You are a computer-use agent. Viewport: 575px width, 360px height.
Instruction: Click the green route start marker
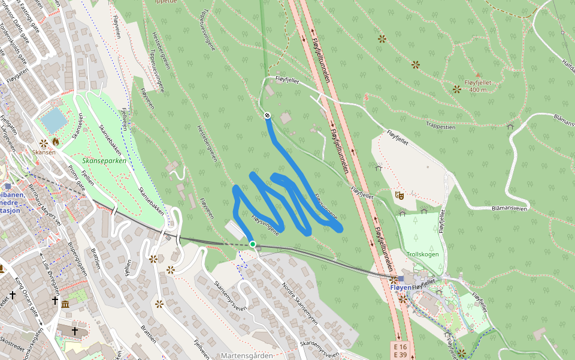click(253, 244)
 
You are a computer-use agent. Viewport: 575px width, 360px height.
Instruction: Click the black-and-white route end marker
click(267, 115)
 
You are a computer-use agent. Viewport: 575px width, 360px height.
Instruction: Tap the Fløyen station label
click(401, 288)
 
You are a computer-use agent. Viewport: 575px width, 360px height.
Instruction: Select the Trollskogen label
click(423, 254)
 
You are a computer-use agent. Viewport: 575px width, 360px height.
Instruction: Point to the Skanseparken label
click(104, 161)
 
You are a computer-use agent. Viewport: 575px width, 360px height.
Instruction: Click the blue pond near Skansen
click(54, 121)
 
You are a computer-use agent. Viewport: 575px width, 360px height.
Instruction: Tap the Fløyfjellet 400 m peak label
click(477, 86)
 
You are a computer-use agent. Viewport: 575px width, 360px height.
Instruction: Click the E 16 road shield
click(400, 347)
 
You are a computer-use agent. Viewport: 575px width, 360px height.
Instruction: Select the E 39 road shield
click(400, 356)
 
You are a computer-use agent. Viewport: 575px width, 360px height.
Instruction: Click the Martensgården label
click(247, 356)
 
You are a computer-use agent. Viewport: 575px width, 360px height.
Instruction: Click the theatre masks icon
click(400, 195)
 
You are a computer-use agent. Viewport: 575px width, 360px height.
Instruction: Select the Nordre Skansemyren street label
click(299, 307)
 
